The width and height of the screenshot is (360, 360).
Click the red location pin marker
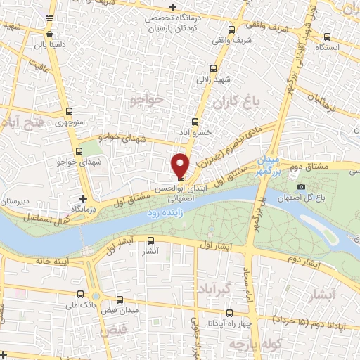pyautogui.click(x=180, y=163)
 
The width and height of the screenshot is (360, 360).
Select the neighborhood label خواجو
pyautogui.click(x=147, y=102)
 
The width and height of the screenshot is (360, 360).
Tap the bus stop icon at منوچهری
pyautogui.click(x=68, y=111)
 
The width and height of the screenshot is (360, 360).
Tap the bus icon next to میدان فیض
pyautogui.click(x=118, y=299)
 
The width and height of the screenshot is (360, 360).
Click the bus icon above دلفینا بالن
pyautogui.click(x=49, y=33)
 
